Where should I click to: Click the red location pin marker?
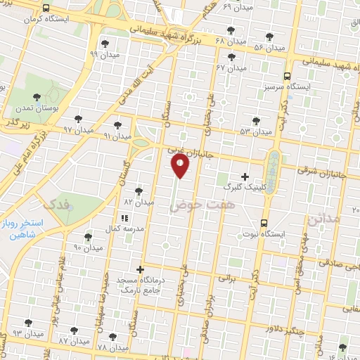click(181, 165)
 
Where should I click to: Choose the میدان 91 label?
click(117, 135)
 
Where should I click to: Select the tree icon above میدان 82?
click(139, 191)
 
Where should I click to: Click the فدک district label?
click(57, 205)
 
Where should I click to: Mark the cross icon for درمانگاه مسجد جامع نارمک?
click(141, 269)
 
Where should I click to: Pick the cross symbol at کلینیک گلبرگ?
click(245, 176)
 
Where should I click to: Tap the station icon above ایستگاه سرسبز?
click(286, 77)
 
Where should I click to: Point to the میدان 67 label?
click(231, 67)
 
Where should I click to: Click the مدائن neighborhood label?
click(323, 221)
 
